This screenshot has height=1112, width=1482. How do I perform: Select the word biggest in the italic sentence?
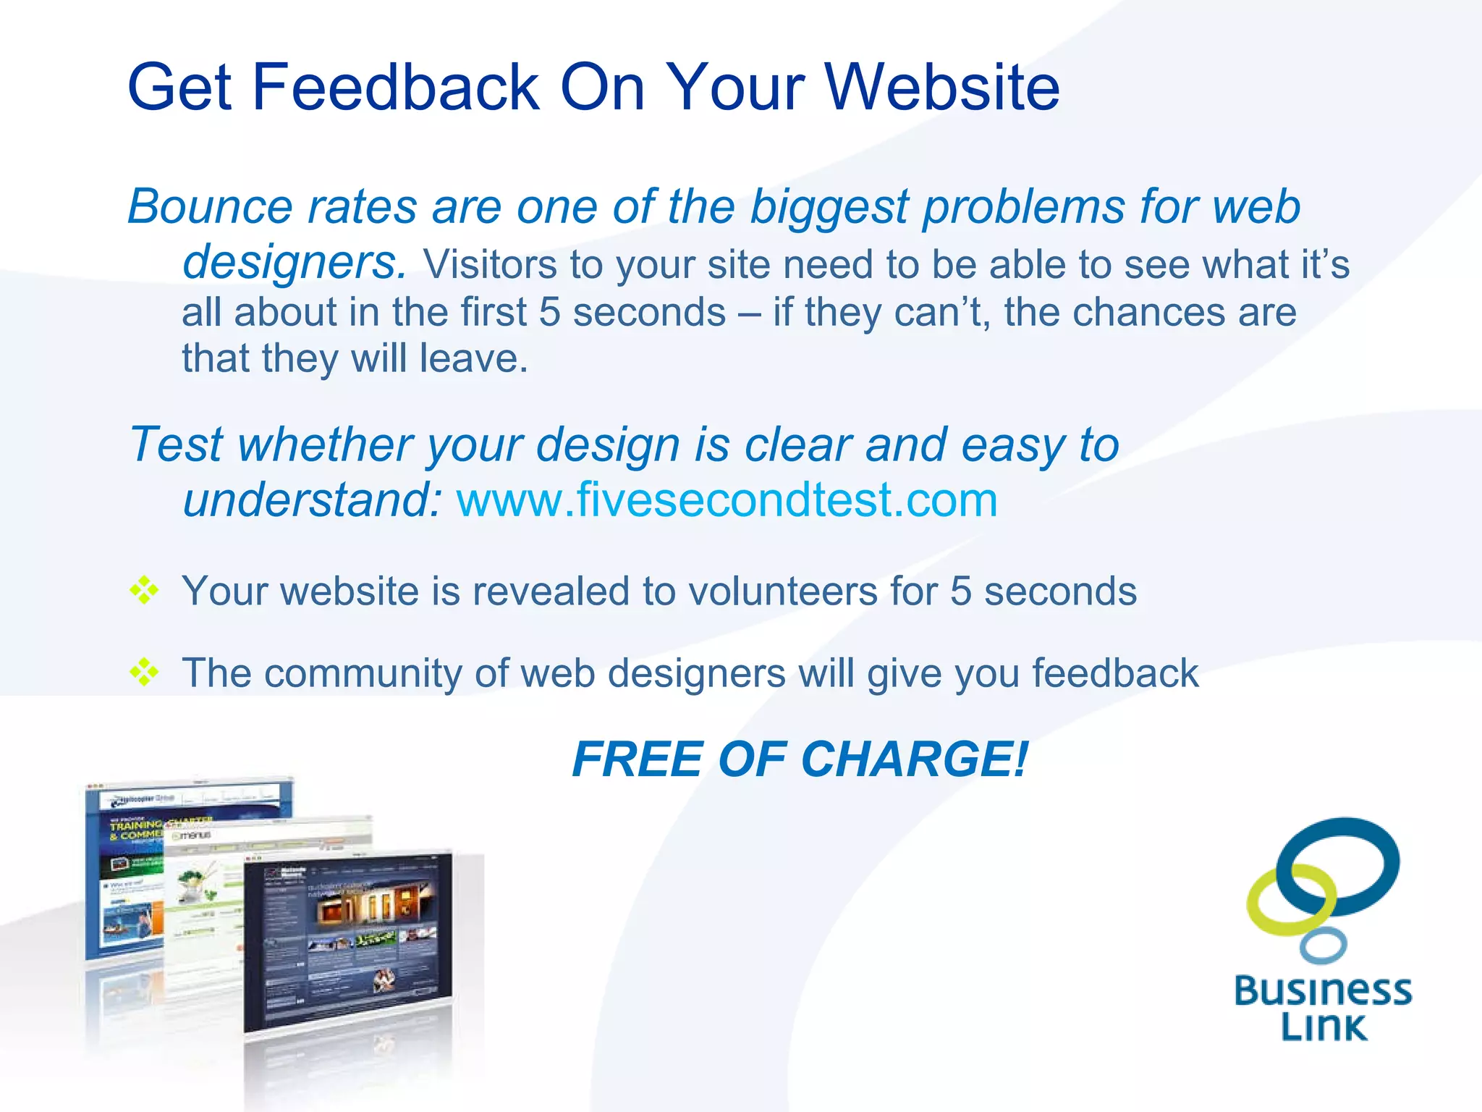click(x=829, y=208)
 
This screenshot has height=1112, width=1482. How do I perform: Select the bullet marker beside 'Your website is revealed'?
click(x=144, y=590)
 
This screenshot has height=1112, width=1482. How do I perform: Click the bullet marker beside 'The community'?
click(x=144, y=672)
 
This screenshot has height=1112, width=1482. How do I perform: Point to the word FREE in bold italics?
click(x=638, y=759)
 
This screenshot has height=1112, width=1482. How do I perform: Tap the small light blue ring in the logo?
click(x=1323, y=946)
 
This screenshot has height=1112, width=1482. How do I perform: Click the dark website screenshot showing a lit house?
click(x=347, y=941)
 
